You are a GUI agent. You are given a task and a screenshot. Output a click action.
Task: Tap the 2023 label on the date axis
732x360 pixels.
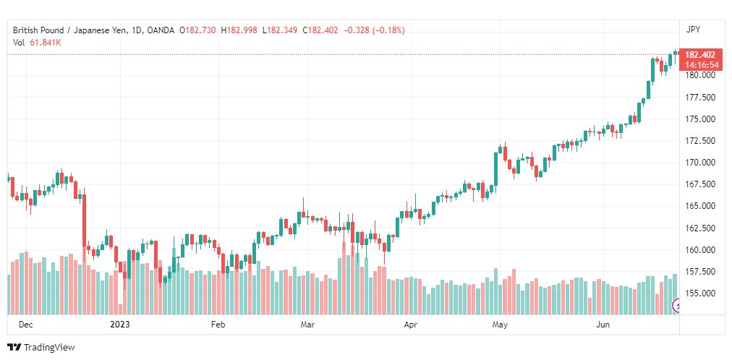coord(120,324)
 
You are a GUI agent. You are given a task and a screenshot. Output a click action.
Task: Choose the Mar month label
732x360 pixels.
coord(307,324)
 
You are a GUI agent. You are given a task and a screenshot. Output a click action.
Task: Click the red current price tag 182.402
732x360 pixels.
coord(700,54)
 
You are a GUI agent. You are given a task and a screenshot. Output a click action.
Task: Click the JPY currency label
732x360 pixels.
coord(693,30)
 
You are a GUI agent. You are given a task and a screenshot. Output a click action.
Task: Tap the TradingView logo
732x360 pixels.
coord(41,348)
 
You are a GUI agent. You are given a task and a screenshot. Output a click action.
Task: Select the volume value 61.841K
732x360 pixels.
coord(46,43)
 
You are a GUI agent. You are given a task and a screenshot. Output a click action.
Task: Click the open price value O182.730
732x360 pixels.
coord(201,30)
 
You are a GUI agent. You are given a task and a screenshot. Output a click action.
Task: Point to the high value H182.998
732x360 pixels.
coord(239,30)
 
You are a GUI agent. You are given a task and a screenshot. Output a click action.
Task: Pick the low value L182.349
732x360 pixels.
coord(280,30)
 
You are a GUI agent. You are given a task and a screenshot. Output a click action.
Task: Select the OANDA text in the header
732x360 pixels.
coord(161,30)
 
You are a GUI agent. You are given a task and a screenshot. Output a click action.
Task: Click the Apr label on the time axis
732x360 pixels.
coord(410,324)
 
